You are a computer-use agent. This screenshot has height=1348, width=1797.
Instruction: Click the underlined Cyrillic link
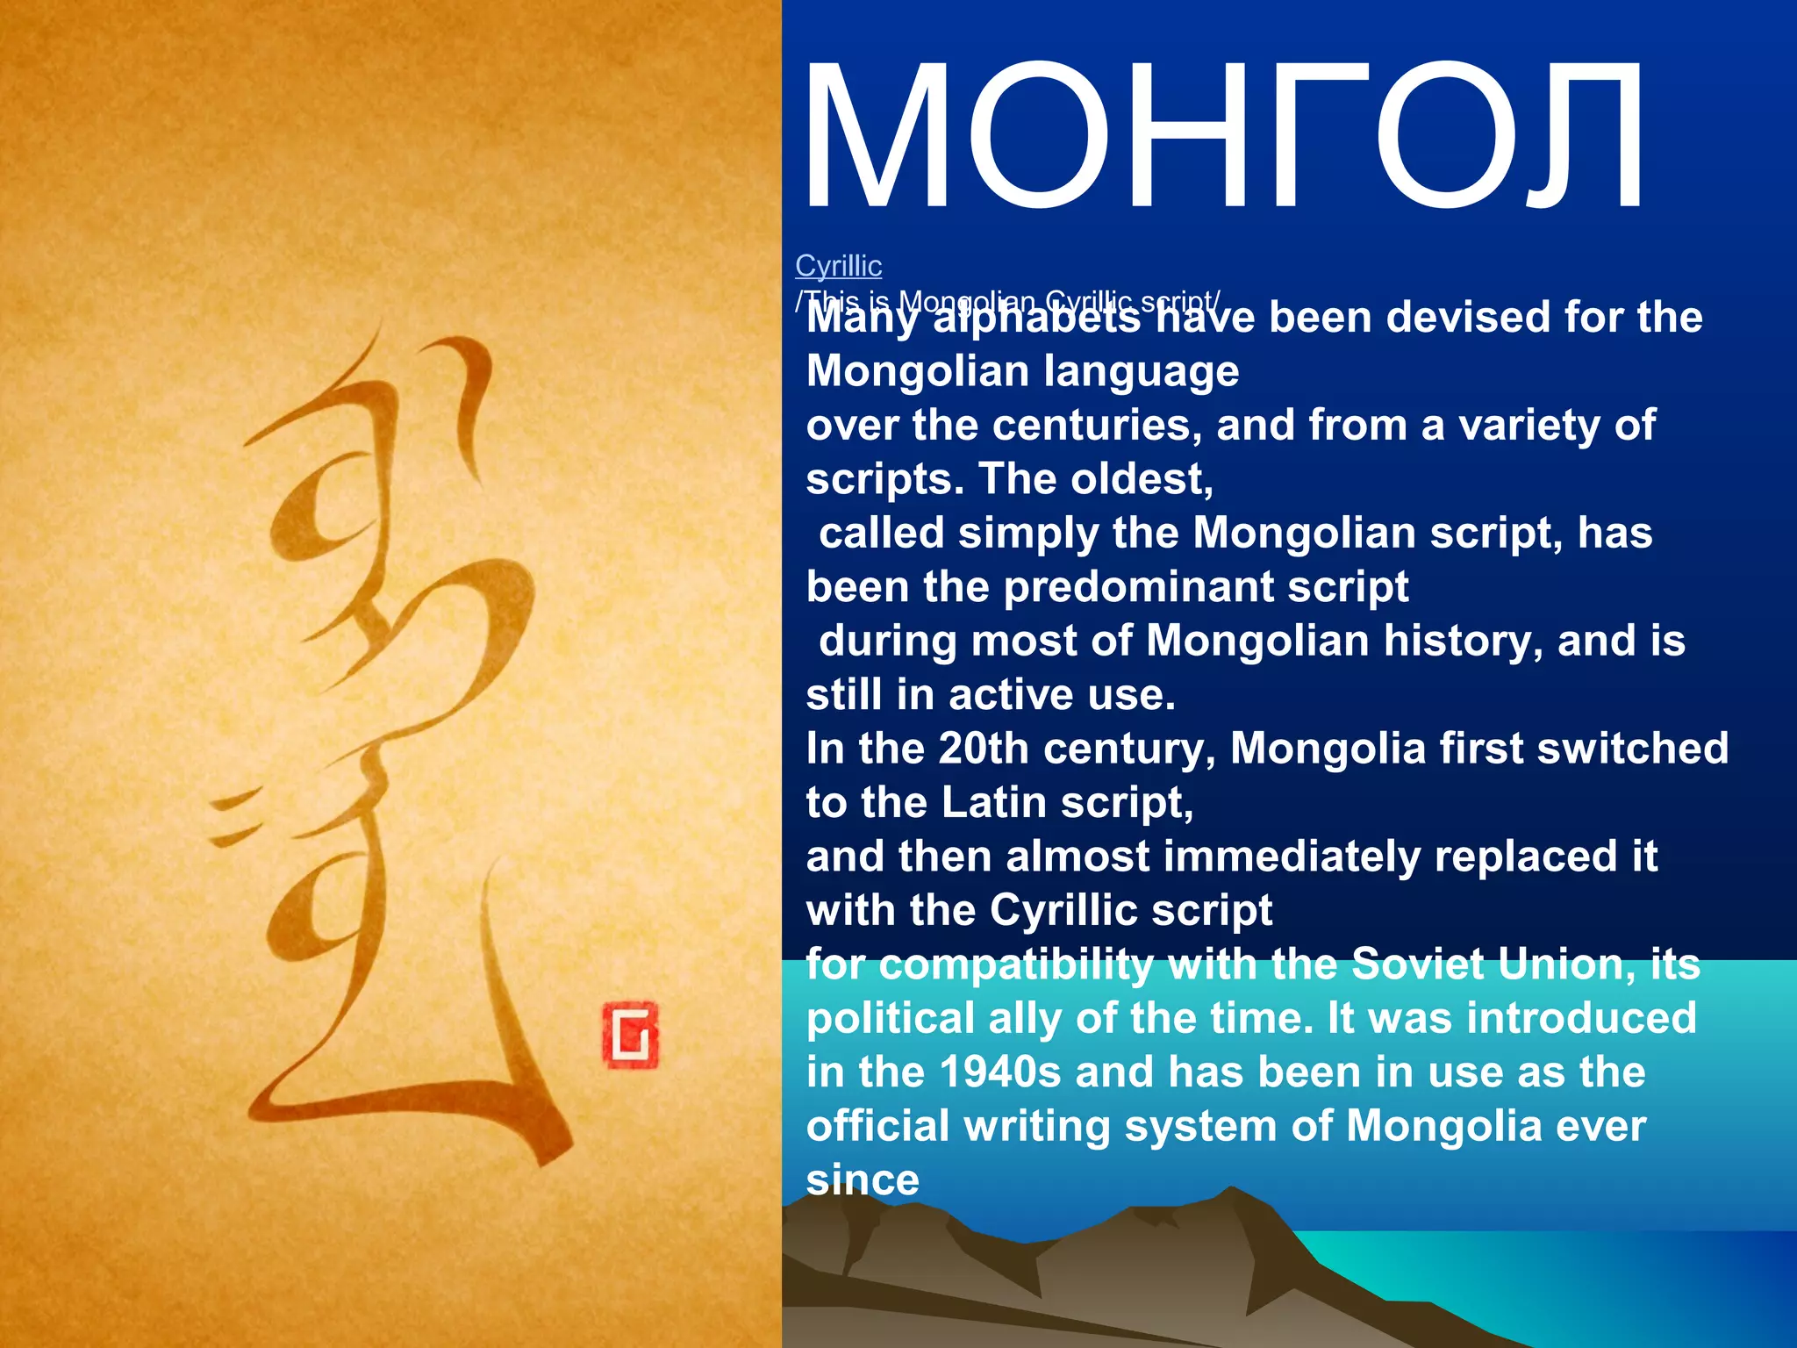point(838,265)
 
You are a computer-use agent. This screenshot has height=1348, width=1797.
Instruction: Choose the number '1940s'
point(999,1072)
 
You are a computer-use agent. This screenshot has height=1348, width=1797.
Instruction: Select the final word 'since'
point(863,1180)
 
